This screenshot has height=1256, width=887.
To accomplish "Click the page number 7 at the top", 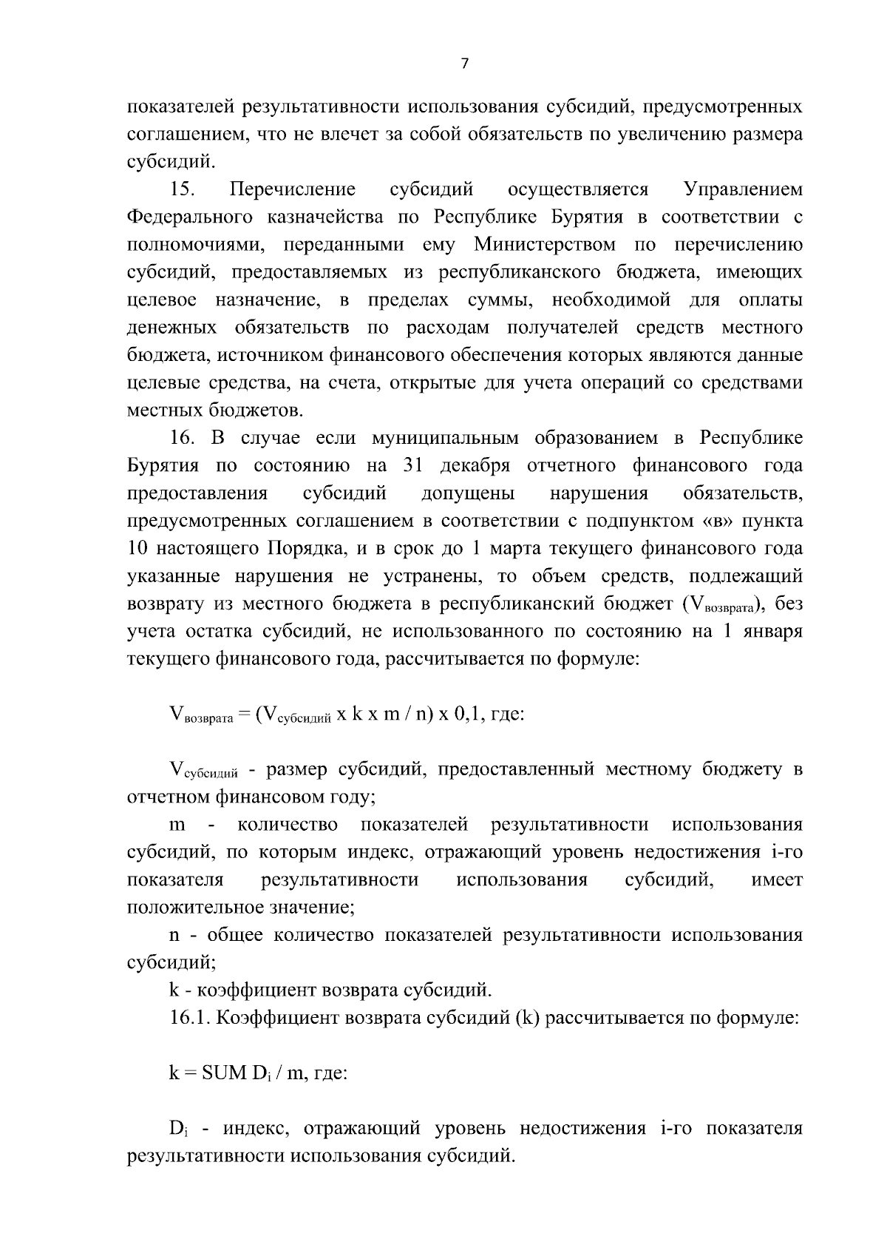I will coord(464,64).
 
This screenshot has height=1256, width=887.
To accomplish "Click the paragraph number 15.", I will coord(182,189).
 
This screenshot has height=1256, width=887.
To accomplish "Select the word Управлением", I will coord(743,189).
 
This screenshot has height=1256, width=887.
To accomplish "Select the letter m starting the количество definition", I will coord(177,825).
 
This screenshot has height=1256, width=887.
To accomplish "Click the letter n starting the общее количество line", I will coord(174,935).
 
